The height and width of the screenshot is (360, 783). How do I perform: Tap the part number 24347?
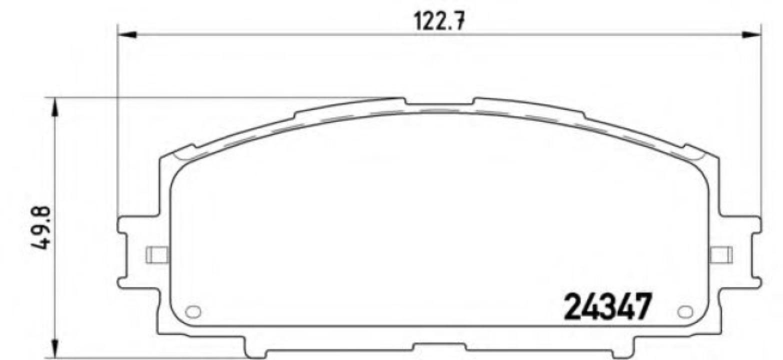pos(607,306)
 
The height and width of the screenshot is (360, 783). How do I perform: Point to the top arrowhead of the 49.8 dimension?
pos(55,108)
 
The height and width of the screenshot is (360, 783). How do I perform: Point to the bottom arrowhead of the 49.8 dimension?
pos(55,347)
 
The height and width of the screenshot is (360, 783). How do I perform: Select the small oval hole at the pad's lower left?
pos(192,311)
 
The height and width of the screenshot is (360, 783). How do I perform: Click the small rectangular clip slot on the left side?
pos(157,254)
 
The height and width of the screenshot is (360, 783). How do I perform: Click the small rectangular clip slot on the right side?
pos(721,254)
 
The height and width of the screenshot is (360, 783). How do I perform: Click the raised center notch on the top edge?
pos(439,102)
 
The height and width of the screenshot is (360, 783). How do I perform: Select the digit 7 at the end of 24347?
pos(642,306)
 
